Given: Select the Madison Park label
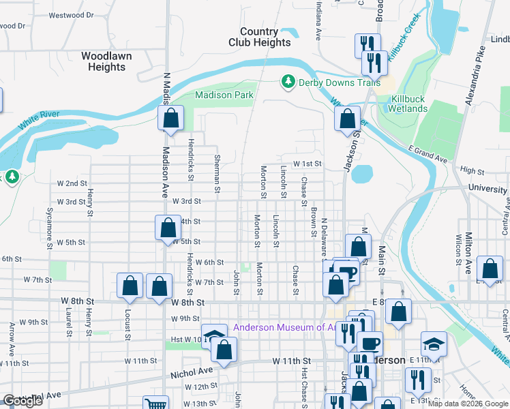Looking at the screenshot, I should (224, 95).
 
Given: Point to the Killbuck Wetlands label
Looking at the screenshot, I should (408, 104).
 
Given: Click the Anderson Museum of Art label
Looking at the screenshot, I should (280, 327).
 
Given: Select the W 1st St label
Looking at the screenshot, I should (307, 164).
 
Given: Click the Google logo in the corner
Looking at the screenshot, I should (22, 401).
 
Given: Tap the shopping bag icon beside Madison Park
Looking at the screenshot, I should (170, 118).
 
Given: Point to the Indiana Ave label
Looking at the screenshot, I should (318, 20).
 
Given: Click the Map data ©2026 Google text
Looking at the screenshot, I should (468, 404).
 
